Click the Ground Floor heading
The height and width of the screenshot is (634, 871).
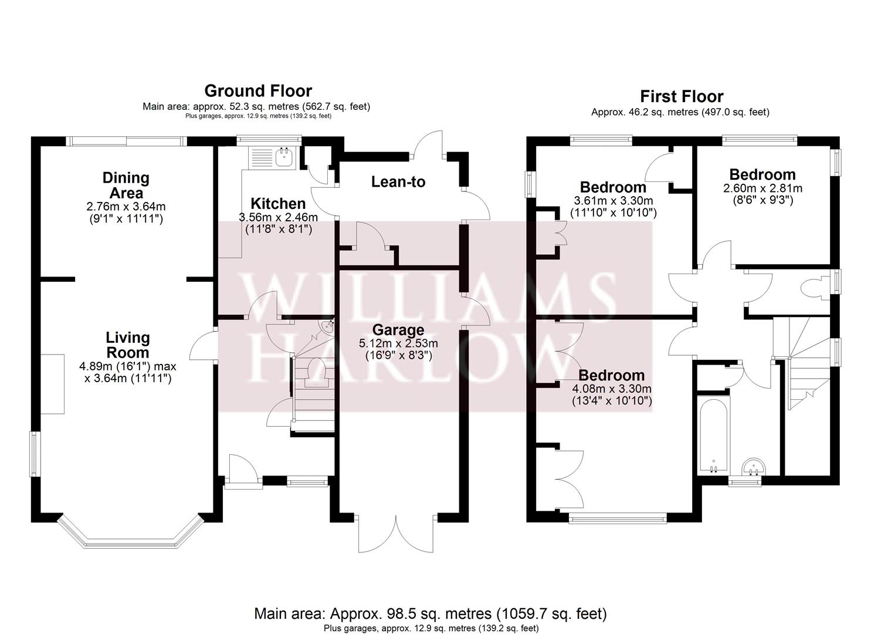point(257,91)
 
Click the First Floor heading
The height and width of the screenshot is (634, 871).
point(681,96)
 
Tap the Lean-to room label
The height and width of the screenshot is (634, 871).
point(398,182)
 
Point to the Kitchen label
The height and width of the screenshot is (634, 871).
point(278,204)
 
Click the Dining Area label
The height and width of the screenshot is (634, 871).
point(126,185)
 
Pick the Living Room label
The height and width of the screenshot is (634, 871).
point(127,345)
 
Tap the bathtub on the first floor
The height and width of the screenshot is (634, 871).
point(713,431)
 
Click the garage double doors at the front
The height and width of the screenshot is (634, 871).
point(396,534)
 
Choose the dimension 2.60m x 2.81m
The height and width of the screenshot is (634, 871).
point(762,188)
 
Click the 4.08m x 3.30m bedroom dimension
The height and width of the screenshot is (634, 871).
point(612,389)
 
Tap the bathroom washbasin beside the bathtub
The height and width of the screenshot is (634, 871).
point(753,467)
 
